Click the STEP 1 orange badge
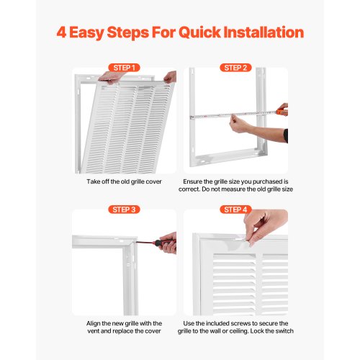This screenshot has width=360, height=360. click(x=124, y=68)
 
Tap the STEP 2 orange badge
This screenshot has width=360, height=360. click(x=235, y=68)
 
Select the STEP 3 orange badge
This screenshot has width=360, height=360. click(x=124, y=210)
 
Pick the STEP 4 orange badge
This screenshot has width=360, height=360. click(x=235, y=210)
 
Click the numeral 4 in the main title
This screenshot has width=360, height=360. click(x=61, y=32)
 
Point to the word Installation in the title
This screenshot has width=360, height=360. click(x=264, y=32)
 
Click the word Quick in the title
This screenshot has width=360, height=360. click(x=199, y=33)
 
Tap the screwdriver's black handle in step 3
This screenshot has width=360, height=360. click(x=161, y=243)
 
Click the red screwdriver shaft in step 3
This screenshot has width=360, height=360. click(x=145, y=243)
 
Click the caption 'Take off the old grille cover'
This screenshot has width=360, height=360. click(x=124, y=181)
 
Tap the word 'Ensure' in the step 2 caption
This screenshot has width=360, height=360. click(x=192, y=181)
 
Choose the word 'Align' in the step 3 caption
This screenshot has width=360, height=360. click(x=93, y=323)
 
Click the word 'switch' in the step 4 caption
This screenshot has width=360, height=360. click(x=284, y=331)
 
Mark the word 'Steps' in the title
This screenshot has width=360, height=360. click(x=127, y=33)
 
